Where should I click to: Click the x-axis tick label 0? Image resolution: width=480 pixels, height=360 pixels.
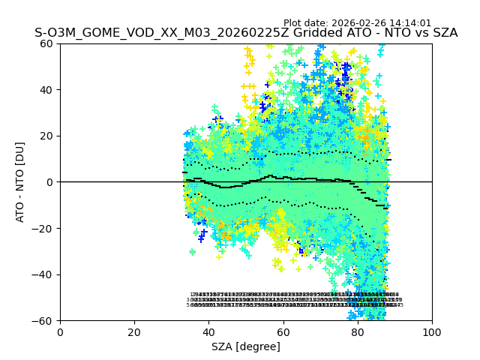pyautogui.click(x=60, y=332)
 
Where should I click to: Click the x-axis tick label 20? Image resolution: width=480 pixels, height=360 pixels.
pyautogui.click(x=134, y=332)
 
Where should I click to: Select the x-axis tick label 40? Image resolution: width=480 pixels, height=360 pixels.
pyautogui.click(x=208, y=332)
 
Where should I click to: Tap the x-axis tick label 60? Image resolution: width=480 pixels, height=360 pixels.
pyautogui.click(x=283, y=332)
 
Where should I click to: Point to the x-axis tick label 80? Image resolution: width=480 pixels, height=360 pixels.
pyautogui.click(x=357, y=332)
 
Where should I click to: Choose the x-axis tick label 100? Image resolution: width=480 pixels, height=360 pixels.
pyautogui.click(x=431, y=332)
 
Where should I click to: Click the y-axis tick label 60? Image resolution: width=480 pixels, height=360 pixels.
pyautogui.click(x=47, y=43)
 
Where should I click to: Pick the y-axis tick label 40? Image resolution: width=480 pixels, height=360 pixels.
pyautogui.click(x=47, y=90)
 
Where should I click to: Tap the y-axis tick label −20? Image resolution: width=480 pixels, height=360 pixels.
pyautogui.click(x=43, y=229)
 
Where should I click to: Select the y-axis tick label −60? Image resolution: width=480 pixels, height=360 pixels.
pyautogui.click(x=43, y=321)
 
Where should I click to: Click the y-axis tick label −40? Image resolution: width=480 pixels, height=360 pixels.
pyautogui.click(x=43, y=274)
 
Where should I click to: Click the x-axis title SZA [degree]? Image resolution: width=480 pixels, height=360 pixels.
pyautogui.click(x=246, y=346)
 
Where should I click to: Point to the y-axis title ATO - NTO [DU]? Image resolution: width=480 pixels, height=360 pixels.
pyautogui.click(x=20, y=182)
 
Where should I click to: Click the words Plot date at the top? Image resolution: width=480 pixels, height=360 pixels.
pyautogui.click(x=305, y=23)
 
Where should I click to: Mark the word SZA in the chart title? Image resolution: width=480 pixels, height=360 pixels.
pyautogui.click(x=443, y=33)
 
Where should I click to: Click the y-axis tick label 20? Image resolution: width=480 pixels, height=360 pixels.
pyautogui.click(x=47, y=136)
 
